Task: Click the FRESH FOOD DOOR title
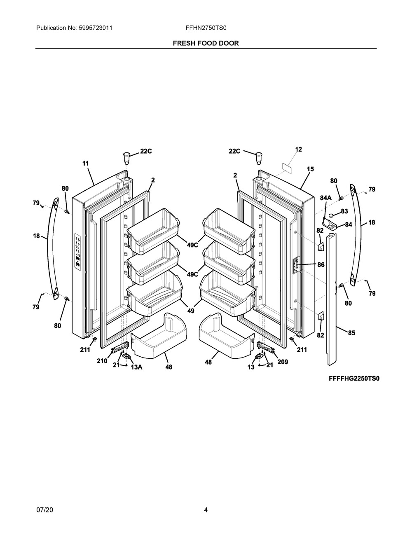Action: [x=206, y=43]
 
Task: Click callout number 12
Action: [x=299, y=150]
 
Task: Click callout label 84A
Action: [x=325, y=198]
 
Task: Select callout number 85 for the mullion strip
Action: [x=351, y=333]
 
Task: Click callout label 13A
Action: [x=136, y=367]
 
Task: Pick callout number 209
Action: [x=282, y=362]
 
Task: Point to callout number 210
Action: [x=102, y=361]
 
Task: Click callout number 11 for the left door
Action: [x=85, y=163]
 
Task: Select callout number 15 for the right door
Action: [x=310, y=169]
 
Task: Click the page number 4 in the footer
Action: [x=206, y=510]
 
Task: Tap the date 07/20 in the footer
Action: [x=44, y=510]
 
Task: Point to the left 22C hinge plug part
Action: [x=126, y=157]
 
